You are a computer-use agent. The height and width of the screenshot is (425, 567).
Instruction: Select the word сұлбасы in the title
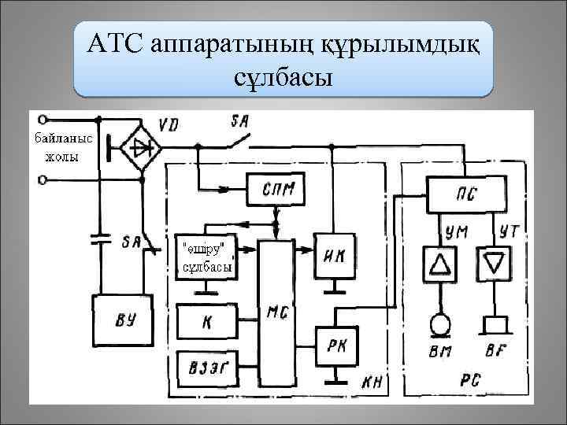point(283,78)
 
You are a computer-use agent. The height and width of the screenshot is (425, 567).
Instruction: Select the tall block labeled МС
point(276,311)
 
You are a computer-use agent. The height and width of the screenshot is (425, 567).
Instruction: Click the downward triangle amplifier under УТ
point(494,263)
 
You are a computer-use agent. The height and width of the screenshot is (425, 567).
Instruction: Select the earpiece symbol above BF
point(495,323)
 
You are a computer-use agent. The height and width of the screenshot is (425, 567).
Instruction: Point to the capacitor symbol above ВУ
point(99,238)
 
